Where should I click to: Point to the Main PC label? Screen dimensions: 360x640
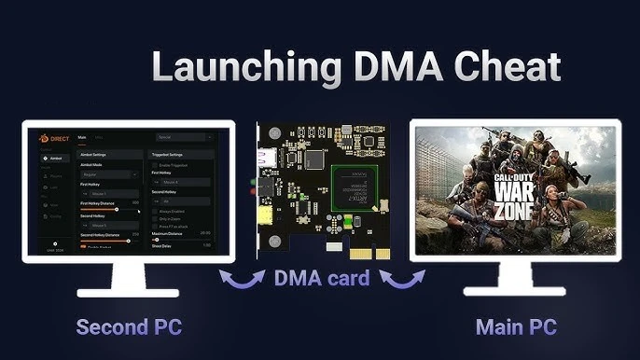point(517,327)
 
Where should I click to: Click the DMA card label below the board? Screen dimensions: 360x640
point(323,278)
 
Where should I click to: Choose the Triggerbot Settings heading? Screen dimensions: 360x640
point(173,154)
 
